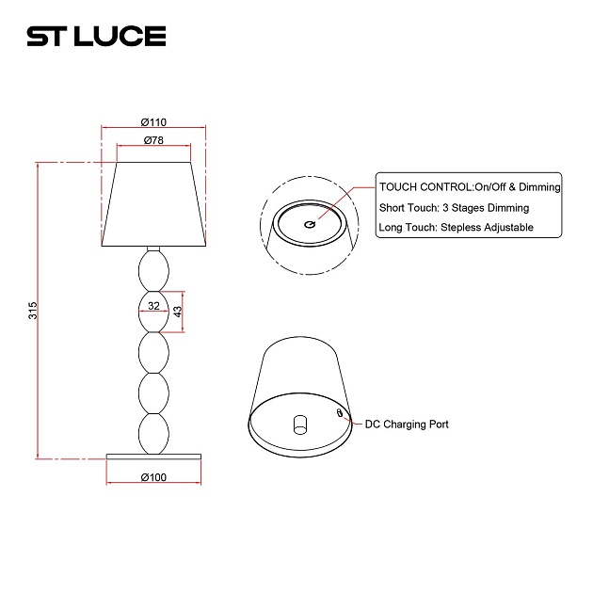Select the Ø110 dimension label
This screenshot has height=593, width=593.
tap(153, 122)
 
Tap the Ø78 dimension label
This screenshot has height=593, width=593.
tap(153, 140)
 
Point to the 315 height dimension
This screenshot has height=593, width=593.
tap(32, 310)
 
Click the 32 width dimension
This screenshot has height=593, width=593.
tap(153, 306)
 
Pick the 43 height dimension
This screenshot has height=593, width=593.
tap(178, 311)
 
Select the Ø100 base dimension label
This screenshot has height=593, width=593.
tap(153, 477)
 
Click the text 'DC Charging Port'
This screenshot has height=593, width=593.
tap(407, 425)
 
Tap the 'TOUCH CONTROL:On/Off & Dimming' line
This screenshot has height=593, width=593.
tap(469, 187)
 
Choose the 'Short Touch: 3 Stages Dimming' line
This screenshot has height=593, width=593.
tap(454, 207)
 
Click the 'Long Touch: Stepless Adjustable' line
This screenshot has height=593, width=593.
tap(456, 227)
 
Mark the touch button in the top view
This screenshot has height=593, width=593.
tap(310, 224)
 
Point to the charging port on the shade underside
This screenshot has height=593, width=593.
tap(340, 412)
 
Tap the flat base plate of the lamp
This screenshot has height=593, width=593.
tap(153, 457)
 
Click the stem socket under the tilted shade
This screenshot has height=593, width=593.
tap(300, 424)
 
